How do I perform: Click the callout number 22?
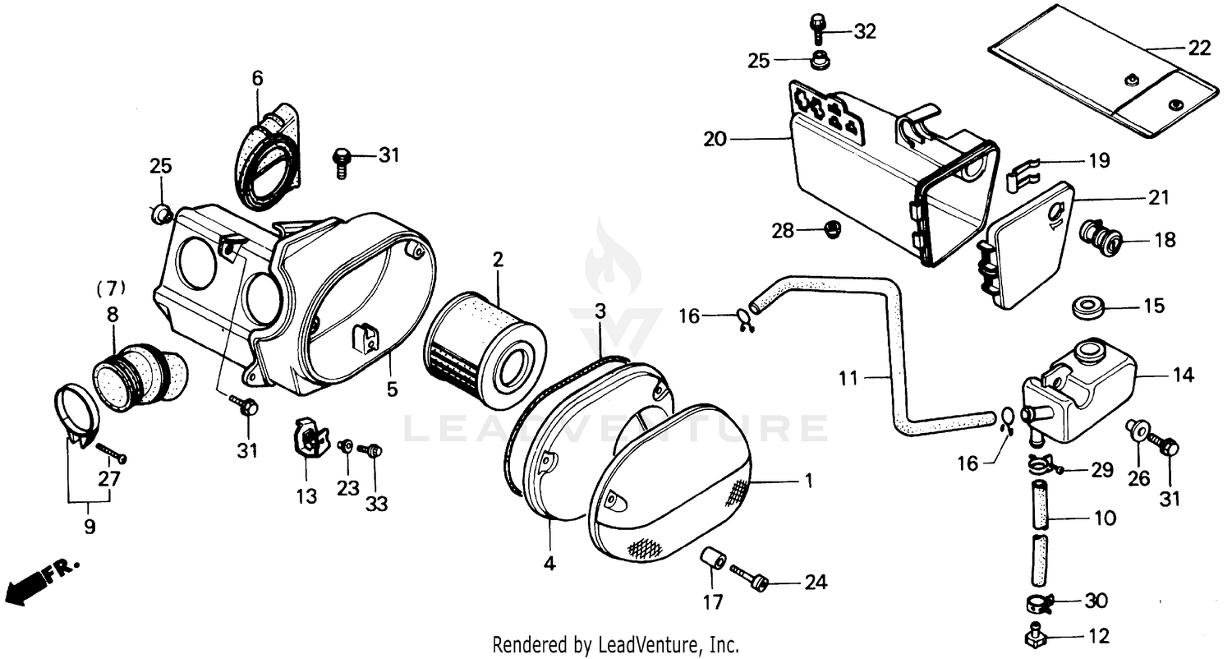(x=1199, y=48)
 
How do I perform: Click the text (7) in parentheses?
(x=111, y=288)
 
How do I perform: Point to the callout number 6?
(x=257, y=78)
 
